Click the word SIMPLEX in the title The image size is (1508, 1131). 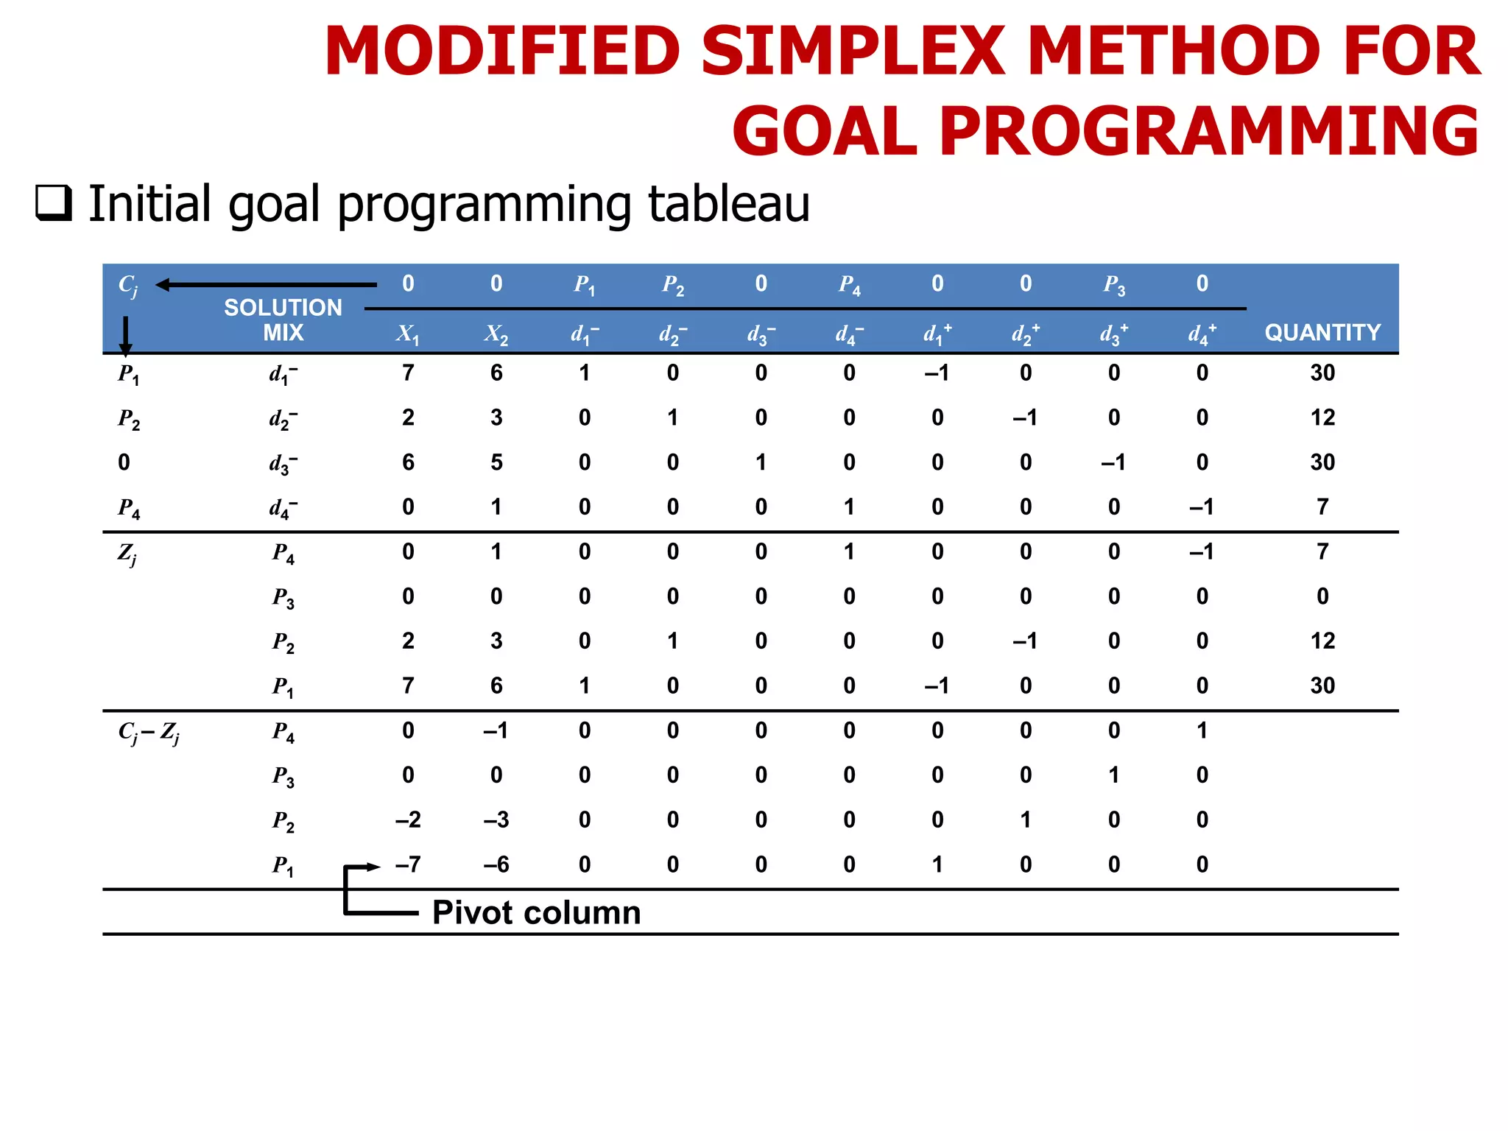tap(853, 52)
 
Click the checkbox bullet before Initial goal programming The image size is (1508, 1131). tap(54, 204)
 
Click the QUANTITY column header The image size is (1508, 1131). tap(1322, 333)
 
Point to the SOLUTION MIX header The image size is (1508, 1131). tap(283, 320)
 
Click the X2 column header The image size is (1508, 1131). tap(496, 334)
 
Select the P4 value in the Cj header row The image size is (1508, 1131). tap(849, 285)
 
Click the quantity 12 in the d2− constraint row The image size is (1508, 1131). tap(1322, 417)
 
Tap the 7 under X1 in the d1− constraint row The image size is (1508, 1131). tap(408, 373)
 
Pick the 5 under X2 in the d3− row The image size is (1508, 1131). tap(496, 462)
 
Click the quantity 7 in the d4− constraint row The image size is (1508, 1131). tap(1322, 507)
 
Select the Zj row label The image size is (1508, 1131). tap(127, 553)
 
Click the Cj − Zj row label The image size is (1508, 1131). tap(149, 732)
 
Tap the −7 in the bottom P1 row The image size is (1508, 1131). tap(408, 864)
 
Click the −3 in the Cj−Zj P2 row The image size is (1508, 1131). tap(496, 820)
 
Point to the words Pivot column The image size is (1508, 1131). tap(536, 912)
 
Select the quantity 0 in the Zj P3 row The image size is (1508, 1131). tap(1322, 596)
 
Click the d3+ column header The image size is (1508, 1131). tap(1113, 334)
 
